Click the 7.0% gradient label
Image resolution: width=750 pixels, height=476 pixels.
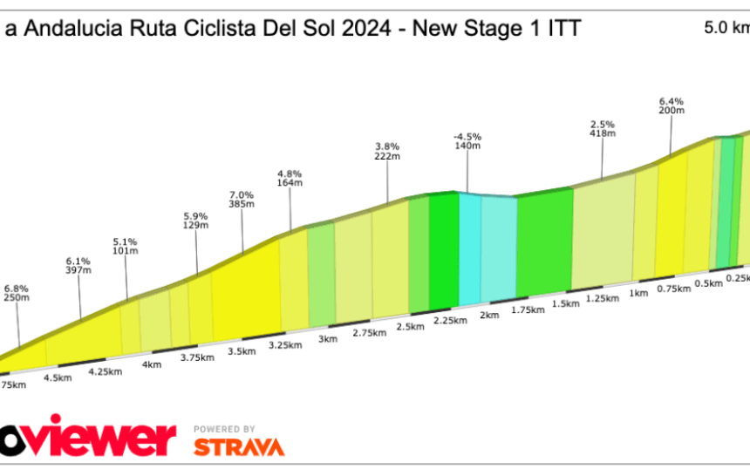click(x=242, y=194)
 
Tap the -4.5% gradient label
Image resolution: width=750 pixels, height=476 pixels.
click(x=467, y=137)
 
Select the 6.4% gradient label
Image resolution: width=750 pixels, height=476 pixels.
click(x=672, y=101)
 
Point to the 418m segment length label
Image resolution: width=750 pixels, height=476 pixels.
click(x=603, y=133)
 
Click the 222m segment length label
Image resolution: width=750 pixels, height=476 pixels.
click(x=387, y=157)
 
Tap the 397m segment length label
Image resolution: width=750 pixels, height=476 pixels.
click(x=78, y=270)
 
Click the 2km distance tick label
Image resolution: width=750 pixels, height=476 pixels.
click(x=488, y=315)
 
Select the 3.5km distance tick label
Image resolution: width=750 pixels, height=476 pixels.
click(x=242, y=351)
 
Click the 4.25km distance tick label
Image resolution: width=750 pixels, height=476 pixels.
click(x=105, y=371)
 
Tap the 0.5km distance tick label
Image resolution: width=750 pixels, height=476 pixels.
click(x=709, y=283)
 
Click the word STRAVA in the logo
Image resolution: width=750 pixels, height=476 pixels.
click(x=238, y=446)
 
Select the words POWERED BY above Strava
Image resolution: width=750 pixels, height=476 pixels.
click(x=224, y=429)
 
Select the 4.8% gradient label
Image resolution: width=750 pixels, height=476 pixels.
click(x=290, y=173)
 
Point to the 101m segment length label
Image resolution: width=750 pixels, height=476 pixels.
click(x=126, y=251)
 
